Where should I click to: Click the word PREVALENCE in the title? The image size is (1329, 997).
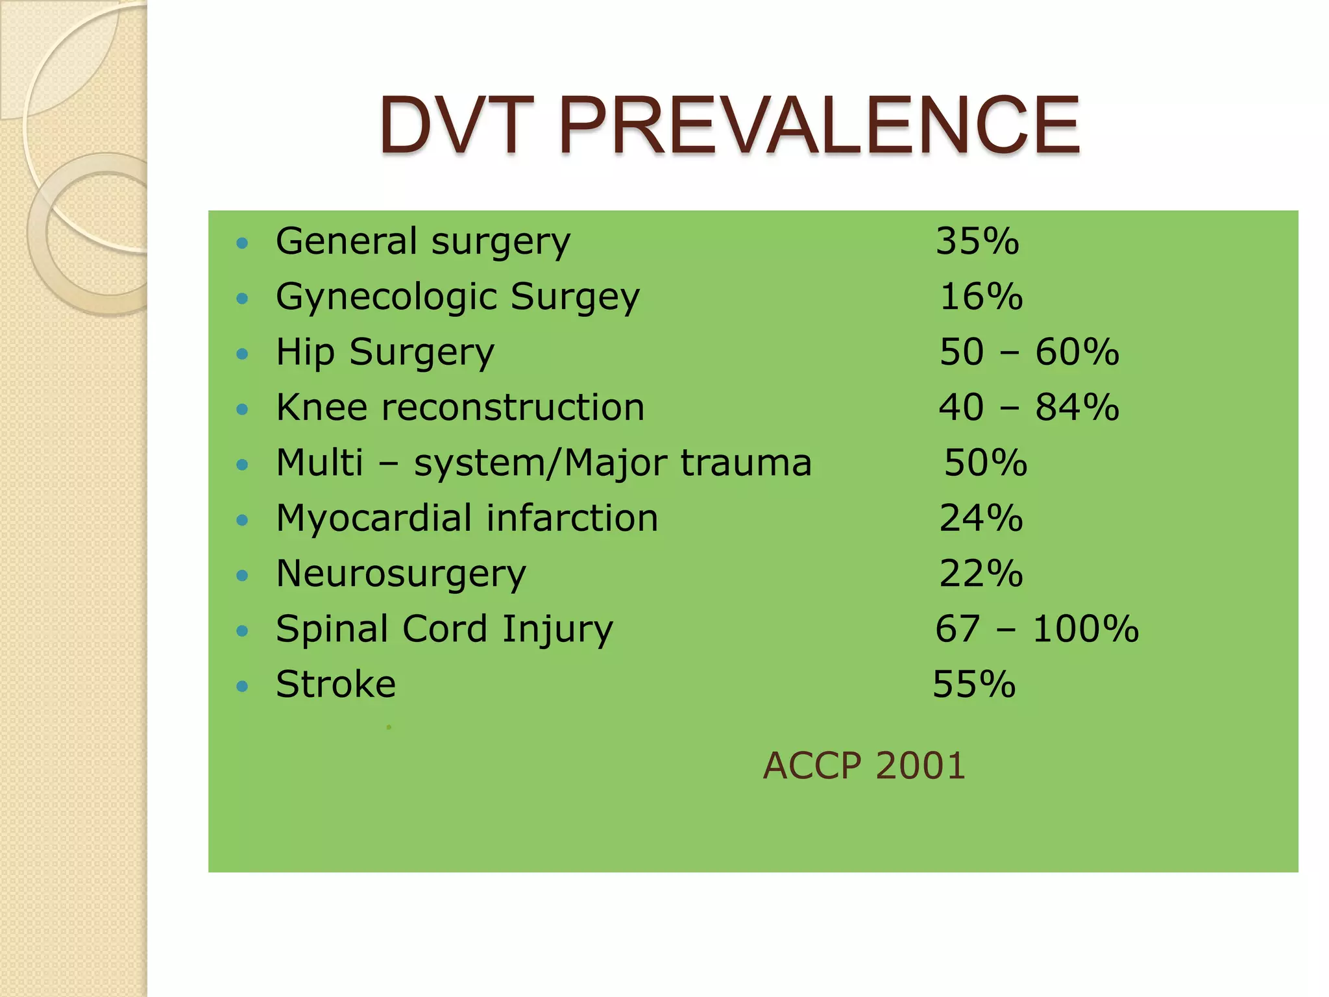tap(819, 125)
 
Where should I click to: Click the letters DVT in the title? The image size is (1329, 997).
tap(456, 125)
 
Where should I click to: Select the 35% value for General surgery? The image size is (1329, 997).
tap(977, 241)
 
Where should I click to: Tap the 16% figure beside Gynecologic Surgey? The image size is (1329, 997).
tap(981, 297)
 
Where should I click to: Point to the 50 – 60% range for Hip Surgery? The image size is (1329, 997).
tap(1029, 352)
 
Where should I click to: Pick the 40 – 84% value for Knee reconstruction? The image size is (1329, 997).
tap(1029, 408)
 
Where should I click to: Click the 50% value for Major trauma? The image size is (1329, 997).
tap(986, 463)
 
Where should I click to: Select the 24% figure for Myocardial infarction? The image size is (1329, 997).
tap(981, 519)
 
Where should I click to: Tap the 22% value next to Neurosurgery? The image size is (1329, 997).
tap(981, 574)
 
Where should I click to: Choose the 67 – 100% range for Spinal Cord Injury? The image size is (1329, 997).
tap(1037, 629)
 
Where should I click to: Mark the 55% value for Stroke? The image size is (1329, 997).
tap(974, 684)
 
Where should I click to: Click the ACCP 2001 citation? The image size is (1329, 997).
tap(864, 765)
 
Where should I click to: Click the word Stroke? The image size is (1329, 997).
tap(335, 684)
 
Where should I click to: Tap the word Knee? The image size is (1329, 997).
tap(322, 408)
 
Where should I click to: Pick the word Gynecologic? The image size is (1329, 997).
tap(387, 298)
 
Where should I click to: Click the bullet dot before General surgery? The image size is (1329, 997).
tap(243, 243)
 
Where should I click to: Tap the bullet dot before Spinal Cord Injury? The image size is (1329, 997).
tap(243, 631)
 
